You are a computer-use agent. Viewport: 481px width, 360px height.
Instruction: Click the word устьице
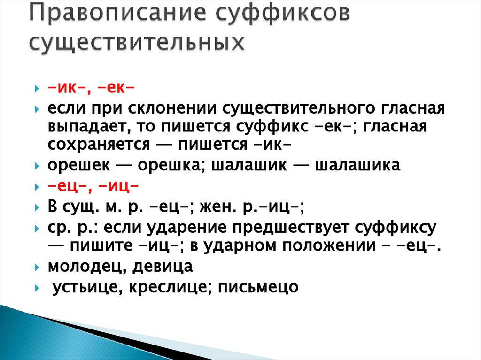[x=84, y=286]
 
